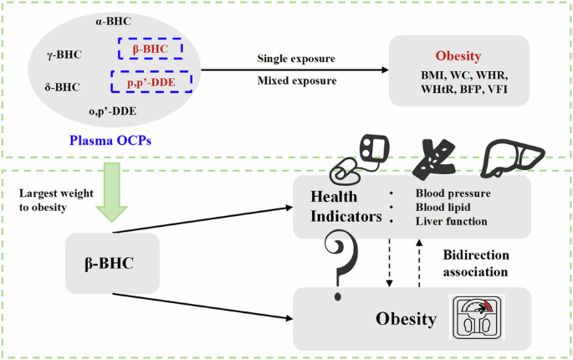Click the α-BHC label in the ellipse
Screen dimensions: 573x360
(113, 21)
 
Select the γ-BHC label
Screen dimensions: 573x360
(64, 54)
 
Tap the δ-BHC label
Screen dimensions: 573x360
(63, 87)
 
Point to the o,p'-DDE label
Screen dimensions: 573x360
(113, 111)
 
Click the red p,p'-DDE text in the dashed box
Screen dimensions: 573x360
(151, 83)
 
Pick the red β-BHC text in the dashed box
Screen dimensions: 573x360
(151, 49)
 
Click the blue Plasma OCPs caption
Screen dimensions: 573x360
(110, 140)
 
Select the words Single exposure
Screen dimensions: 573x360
(296, 59)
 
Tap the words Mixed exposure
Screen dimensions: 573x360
(297, 80)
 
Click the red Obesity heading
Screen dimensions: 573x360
(458, 56)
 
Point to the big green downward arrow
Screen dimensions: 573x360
(112, 192)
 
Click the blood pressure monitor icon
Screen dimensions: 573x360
(359, 159)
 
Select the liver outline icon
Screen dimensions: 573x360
(513, 158)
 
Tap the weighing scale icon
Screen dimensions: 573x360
(477, 317)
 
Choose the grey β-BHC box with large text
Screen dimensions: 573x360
(113, 264)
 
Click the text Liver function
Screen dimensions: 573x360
(452, 221)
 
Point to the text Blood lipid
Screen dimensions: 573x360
(443, 207)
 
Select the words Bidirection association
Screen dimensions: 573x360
(476, 264)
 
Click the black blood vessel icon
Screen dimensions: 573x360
(434, 160)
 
